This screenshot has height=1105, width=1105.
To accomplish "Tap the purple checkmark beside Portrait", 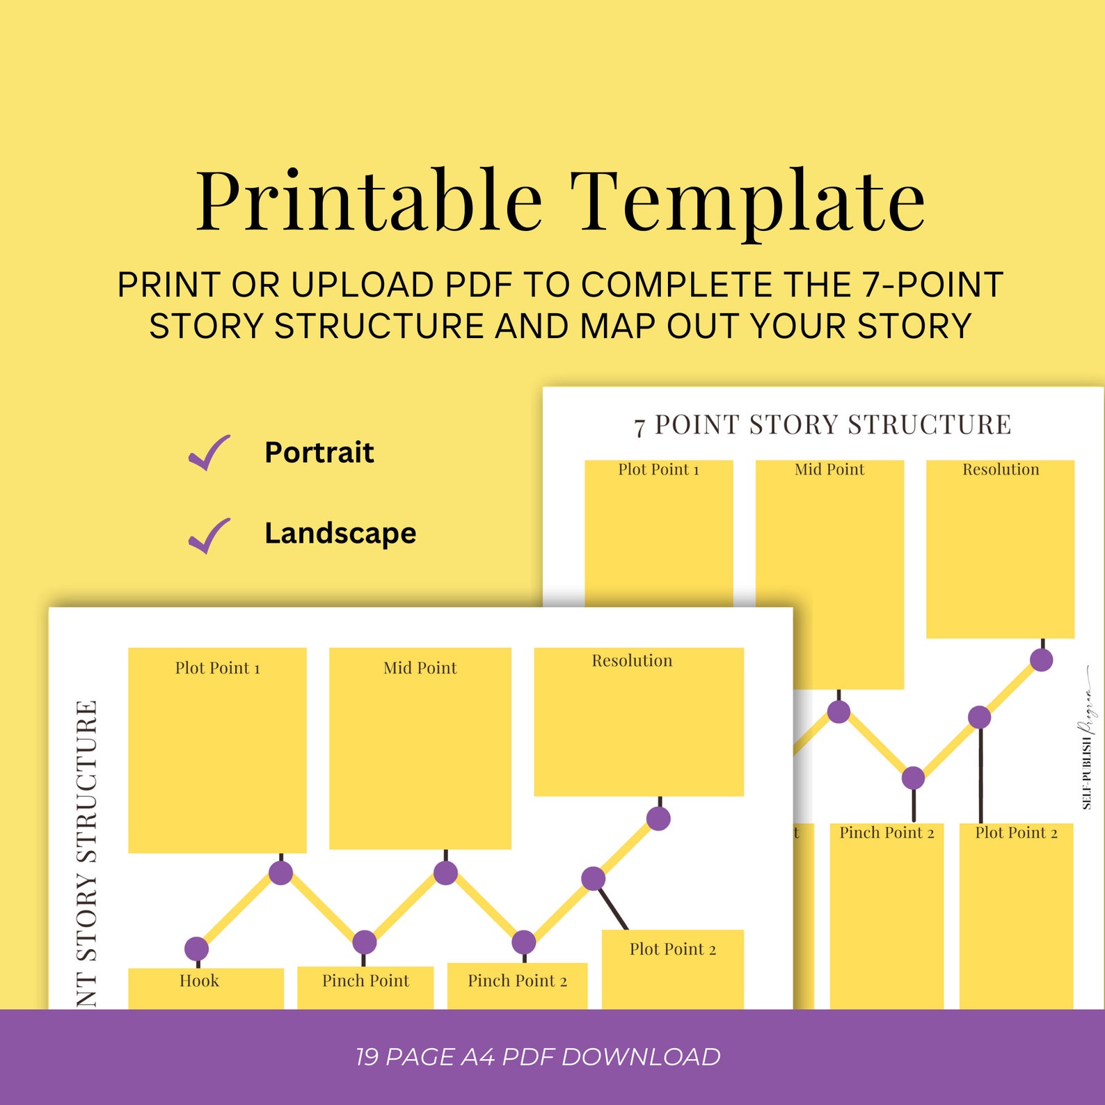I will (209, 453).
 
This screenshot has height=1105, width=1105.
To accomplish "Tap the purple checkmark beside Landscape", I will (209, 535).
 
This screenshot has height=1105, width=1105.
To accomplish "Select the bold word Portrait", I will (319, 452).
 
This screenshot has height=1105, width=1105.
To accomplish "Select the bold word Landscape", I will (340, 534).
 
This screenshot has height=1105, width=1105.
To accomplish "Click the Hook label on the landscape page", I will (199, 981).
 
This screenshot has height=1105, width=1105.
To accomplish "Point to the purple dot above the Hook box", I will (196, 948).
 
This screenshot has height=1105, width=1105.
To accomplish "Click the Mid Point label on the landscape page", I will (420, 668).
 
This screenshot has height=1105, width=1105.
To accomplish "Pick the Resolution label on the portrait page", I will (1001, 470).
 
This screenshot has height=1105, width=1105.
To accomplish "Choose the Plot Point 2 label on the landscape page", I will (673, 949).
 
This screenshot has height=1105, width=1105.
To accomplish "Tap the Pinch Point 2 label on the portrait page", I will (887, 833).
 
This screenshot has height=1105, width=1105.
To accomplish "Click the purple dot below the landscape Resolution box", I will (658, 818).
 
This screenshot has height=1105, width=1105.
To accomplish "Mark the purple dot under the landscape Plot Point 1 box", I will (280, 873).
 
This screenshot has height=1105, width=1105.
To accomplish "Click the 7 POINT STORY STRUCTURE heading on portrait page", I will (822, 425).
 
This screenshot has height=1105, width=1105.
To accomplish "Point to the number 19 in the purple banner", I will (367, 1056).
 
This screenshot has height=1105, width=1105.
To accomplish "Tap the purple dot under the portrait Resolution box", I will (1041, 660).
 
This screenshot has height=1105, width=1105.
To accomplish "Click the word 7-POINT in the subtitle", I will (932, 285).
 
